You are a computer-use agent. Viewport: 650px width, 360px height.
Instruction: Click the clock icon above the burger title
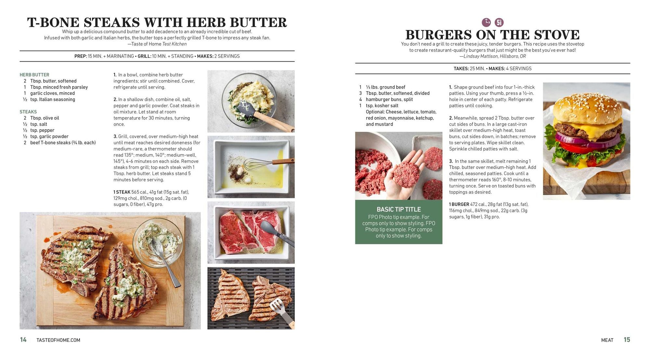click(x=486, y=22)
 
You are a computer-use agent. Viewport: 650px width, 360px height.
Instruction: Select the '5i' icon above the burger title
click(x=499, y=22)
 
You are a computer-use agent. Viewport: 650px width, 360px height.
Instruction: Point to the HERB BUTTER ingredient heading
click(x=34, y=75)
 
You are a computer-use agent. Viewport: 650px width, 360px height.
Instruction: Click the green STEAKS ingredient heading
click(x=28, y=112)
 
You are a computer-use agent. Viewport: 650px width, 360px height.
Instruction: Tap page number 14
click(x=23, y=340)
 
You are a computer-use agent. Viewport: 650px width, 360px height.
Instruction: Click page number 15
click(x=627, y=340)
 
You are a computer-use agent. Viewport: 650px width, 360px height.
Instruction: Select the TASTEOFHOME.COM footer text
click(x=58, y=340)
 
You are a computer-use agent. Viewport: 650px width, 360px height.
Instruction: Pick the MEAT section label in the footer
click(x=607, y=340)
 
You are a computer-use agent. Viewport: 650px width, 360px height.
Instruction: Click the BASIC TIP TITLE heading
click(x=399, y=210)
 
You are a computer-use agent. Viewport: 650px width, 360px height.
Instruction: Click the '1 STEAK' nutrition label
click(x=122, y=192)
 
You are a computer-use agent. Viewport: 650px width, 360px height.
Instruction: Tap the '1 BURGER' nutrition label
click(x=459, y=204)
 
